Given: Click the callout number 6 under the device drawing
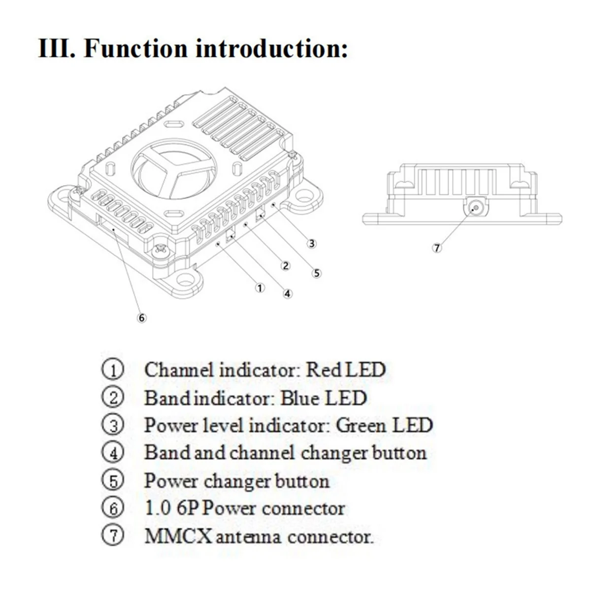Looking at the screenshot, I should tap(142, 318).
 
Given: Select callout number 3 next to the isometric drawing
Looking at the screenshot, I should tap(311, 243).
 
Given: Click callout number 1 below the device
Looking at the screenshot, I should tap(260, 288).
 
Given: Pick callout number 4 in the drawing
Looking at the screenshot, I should tap(288, 294).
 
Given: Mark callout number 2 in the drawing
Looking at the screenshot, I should tap(285, 266).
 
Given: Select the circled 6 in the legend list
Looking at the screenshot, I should tap(114, 508).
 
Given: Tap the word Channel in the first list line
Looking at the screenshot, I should tap(179, 370).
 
